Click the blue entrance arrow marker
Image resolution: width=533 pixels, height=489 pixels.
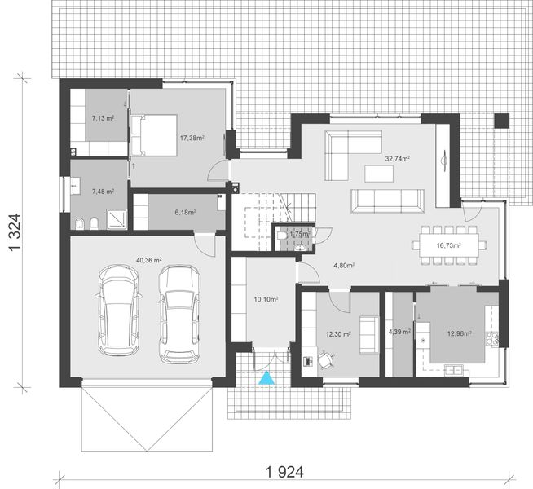(x=266, y=377)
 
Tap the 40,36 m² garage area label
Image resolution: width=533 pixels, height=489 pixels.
(x=149, y=260)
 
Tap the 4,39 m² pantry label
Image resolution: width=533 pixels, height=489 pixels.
(x=399, y=332)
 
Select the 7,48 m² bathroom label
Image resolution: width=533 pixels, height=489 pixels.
(x=102, y=192)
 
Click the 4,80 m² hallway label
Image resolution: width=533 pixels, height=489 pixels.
(x=346, y=265)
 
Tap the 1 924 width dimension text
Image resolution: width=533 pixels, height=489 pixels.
(x=280, y=472)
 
